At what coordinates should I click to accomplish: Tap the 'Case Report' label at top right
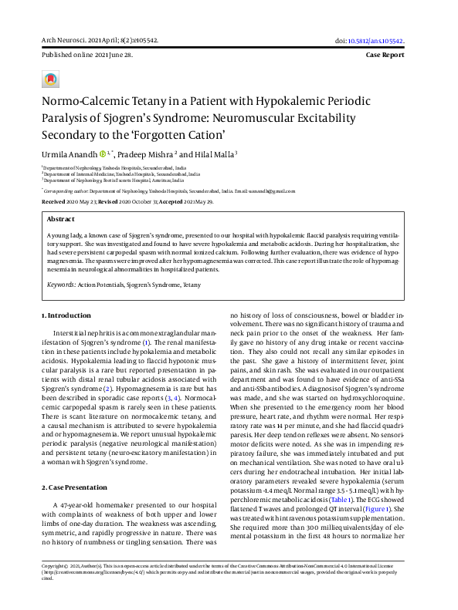pyautogui.click(x=395, y=56)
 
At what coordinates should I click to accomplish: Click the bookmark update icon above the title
pyautogui.click(x=50, y=80)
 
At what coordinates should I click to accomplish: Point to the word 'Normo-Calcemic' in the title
pyautogui.click(x=83, y=101)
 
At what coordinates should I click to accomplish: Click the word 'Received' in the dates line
pyautogui.click(x=53, y=201)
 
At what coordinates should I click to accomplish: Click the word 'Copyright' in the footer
pyautogui.click(x=55, y=587)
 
